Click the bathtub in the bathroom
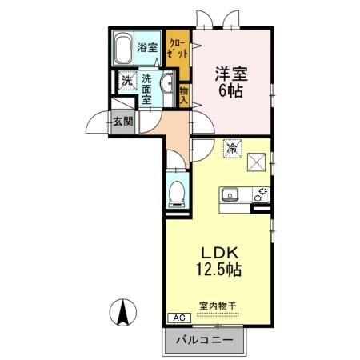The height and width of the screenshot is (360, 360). [x=122, y=50]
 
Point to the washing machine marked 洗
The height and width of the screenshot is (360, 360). [x=126, y=80]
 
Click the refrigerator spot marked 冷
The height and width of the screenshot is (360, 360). [x=232, y=146]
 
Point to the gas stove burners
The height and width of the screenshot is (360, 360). [x=261, y=194]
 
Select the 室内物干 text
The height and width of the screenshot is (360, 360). [x=217, y=305]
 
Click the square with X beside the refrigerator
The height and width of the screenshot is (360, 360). [x=257, y=161]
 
